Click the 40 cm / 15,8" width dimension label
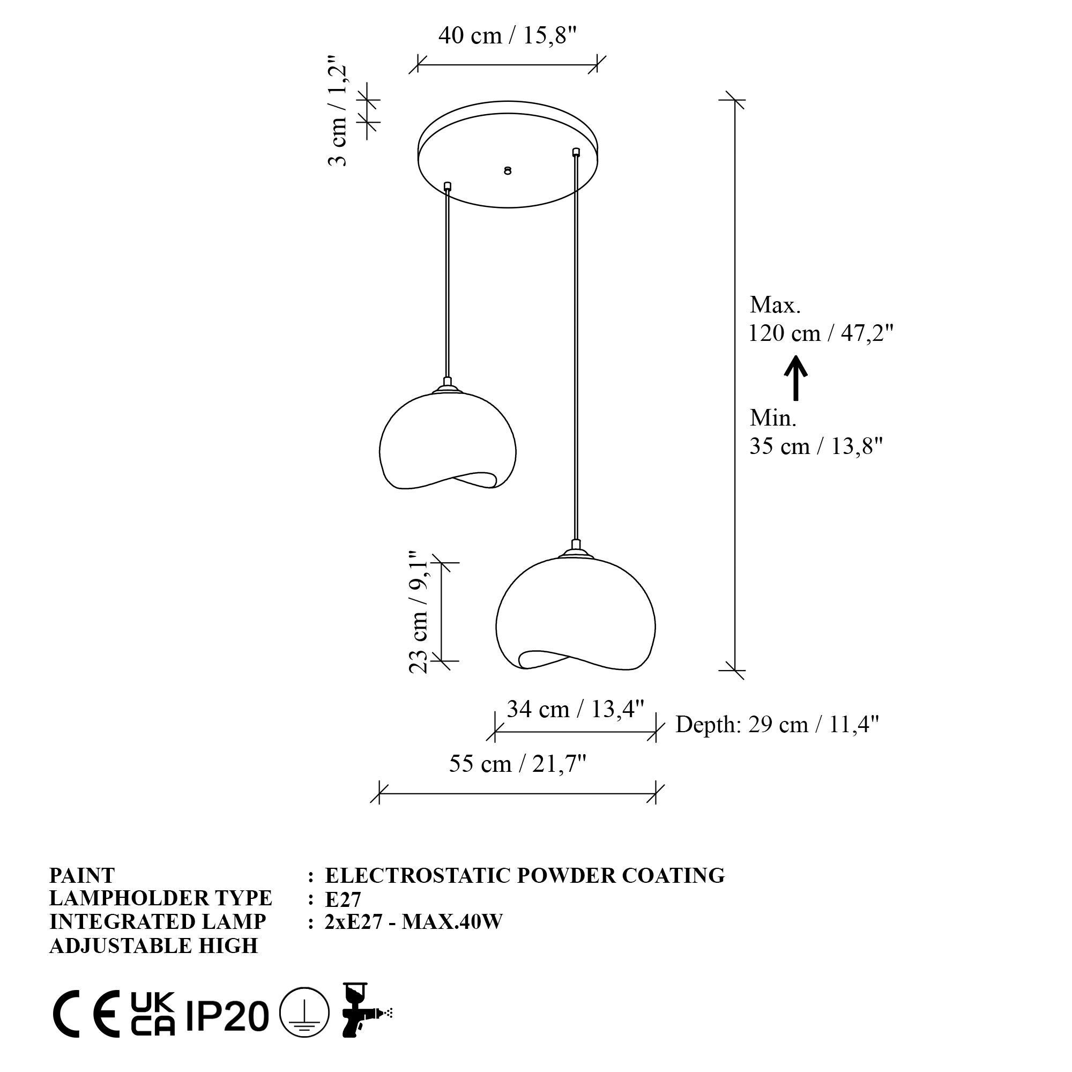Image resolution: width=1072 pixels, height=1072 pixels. click(x=508, y=35)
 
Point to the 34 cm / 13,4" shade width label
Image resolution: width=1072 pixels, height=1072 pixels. click(x=575, y=709)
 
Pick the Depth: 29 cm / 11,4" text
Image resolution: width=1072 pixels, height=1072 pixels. click(x=777, y=725)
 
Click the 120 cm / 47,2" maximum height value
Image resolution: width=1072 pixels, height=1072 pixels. click(x=821, y=333)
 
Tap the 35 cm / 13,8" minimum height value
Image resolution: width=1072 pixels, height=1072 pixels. click(x=816, y=446)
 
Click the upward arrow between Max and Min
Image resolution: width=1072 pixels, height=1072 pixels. click(x=795, y=378)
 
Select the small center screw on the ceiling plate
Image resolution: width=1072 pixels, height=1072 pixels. click(x=507, y=171)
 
